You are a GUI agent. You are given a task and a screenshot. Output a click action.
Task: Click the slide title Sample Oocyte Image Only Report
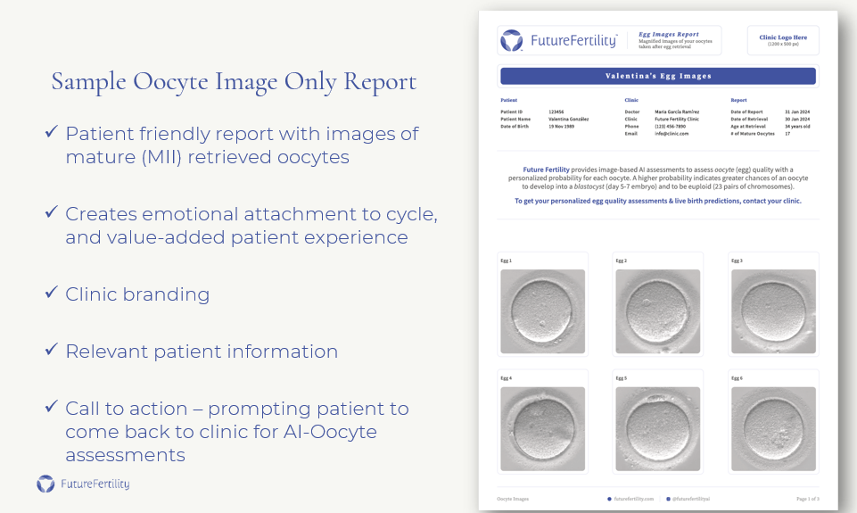click(234, 82)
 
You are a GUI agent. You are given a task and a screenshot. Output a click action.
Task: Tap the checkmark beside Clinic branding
click(52, 293)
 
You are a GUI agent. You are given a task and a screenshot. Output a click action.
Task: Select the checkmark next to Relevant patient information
click(52, 350)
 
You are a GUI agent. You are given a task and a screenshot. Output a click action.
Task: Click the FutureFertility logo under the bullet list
click(83, 484)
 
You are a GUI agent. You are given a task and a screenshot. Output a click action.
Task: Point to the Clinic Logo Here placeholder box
click(782, 40)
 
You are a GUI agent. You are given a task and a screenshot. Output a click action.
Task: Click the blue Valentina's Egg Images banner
click(658, 76)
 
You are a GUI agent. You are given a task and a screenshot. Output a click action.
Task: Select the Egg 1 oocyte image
click(542, 311)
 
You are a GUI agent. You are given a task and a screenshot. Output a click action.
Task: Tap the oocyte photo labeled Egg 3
click(773, 311)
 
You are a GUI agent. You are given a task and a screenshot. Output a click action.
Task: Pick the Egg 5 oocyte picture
click(658, 428)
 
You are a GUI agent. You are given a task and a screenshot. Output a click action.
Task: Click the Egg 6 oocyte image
click(773, 428)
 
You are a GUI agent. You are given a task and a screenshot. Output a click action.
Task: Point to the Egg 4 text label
click(507, 378)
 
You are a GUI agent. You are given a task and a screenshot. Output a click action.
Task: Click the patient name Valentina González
click(568, 119)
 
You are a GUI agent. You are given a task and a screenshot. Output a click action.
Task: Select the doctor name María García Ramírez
click(677, 112)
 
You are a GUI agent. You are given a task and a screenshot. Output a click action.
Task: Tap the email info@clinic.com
click(672, 133)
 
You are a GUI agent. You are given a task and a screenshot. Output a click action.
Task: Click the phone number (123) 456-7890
click(670, 126)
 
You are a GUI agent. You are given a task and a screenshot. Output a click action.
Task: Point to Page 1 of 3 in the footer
click(807, 499)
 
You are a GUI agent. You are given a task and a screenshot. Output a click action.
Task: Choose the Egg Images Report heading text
click(669, 35)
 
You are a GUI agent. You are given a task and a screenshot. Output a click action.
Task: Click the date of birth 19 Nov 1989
click(562, 126)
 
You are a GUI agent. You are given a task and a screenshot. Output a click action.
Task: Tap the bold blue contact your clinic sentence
click(658, 201)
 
